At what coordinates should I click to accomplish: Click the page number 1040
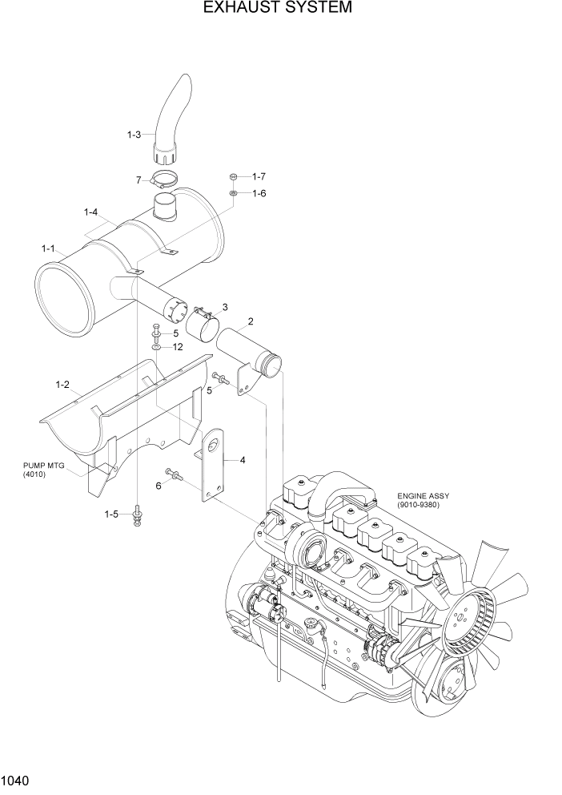click(18, 779)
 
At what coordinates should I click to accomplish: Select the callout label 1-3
click(134, 135)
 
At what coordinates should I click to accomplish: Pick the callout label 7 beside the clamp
click(138, 180)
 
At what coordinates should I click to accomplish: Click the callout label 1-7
click(259, 176)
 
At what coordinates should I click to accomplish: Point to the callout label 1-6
click(259, 193)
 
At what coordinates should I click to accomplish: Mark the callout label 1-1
click(46, 249)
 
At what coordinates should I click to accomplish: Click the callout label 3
click(225, 307)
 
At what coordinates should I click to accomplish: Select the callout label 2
click(251, 322)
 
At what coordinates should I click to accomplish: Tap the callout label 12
click(178, 347)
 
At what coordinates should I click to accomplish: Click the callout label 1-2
click(62, 385)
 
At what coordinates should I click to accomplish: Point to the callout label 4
click(242, 460)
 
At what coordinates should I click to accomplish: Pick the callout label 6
click(159, 486)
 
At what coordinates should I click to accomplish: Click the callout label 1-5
click(112, 514)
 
